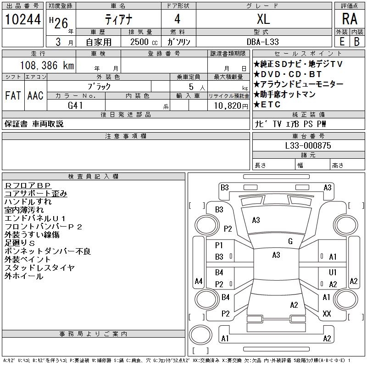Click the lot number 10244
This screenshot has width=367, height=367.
tap(22, 20)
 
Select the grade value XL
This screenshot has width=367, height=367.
tap(263, 19)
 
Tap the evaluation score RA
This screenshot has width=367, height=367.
tap(350, 19)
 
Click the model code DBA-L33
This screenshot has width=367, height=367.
tap(263, 42)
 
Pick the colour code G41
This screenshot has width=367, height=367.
tap(75, 105)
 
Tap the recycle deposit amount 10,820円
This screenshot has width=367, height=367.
tap(228, 105)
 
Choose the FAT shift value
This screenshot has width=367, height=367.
tap(12, 95)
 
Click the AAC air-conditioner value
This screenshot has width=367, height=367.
tap(35, 95)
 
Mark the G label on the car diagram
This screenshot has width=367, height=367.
tap(290, 241)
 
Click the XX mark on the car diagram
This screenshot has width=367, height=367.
tap(327, 314)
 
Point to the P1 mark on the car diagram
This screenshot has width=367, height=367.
tap(219, 245)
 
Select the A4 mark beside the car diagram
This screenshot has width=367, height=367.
tap(199, 281)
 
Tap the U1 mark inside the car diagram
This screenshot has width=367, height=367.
tap(333, 272)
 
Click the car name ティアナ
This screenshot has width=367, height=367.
tap(118, 19)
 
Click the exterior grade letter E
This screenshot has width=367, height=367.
tap(341, 41)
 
